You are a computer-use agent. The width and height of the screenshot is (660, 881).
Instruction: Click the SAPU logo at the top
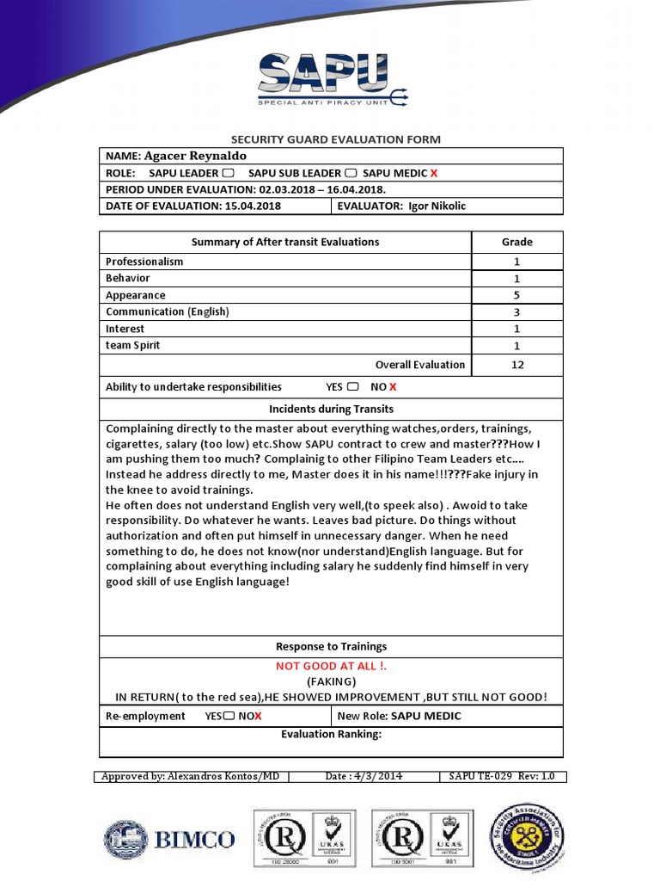[x=333, y=79]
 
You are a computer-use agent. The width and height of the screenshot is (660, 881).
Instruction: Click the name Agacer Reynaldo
[x=195, y=156]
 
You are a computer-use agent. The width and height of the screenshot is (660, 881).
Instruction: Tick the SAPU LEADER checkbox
[x=228, y=173]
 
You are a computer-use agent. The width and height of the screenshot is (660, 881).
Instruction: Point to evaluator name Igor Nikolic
[x=438, y=206]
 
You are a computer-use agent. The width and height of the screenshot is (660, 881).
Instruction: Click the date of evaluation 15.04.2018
[x=249, y=206]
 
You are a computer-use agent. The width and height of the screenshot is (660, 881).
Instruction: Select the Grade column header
[x=517, y=242]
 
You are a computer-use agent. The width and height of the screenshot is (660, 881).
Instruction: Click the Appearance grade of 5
[x=517, y=295]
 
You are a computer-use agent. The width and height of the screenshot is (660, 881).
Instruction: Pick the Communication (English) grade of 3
[x=517, y=312]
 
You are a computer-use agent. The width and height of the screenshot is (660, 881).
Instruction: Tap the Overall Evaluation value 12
[x=517, y=365]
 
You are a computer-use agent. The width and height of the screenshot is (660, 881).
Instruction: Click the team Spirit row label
[x=132, y=346]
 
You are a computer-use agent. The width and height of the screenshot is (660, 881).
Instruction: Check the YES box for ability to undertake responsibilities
[x=353, y=387]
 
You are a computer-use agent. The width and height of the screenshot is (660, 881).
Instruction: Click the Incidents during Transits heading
[x=331, y=409]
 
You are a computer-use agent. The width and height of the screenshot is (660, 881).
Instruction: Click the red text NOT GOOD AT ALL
[x=331, y=666]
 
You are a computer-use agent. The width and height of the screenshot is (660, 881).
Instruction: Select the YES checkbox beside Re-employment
[x=229, y=716]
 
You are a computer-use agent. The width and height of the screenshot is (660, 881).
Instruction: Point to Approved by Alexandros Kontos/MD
[x=190, y=776]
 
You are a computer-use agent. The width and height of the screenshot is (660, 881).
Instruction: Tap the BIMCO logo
[x=169, y=839]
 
